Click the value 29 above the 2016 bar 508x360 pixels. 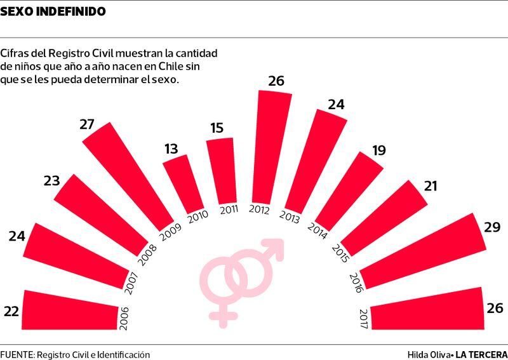point(492,227)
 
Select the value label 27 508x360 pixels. point(88,124)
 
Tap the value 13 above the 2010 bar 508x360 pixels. point(171,149)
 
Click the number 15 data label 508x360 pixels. point(217,128)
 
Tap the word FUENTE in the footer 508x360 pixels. point(17,354)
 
